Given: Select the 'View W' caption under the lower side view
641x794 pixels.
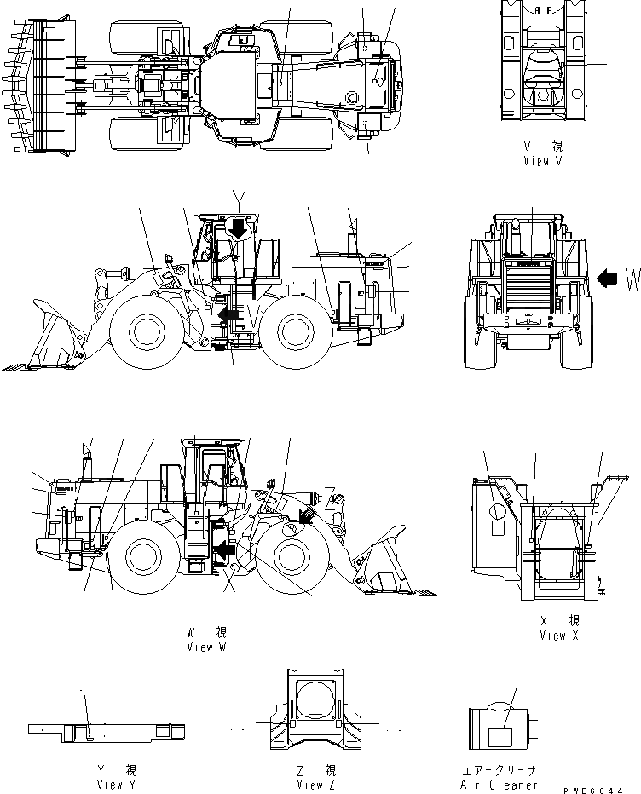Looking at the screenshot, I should (206, 647).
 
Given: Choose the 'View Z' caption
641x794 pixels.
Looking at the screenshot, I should (310, 785).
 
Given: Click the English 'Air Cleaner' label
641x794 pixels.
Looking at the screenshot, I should (500, 785).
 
